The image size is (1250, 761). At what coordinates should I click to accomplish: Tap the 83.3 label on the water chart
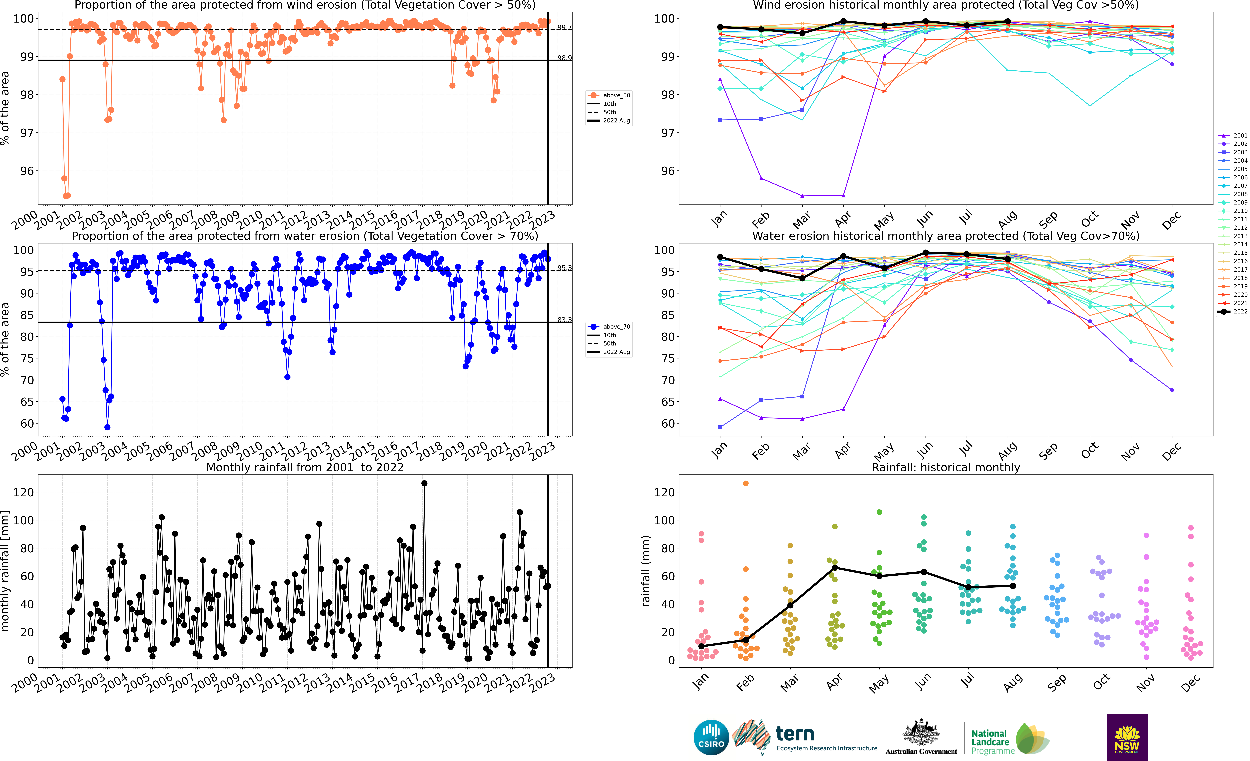tap(564, 320)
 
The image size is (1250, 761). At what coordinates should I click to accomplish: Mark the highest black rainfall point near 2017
tap(424, 484)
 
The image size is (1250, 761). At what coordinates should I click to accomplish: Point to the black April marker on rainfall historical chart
tap(835, 568)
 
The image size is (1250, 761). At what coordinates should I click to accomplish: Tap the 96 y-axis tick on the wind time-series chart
tap(27, 171)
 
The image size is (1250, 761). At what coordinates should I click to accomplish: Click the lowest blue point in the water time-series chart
tap(107, 427)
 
